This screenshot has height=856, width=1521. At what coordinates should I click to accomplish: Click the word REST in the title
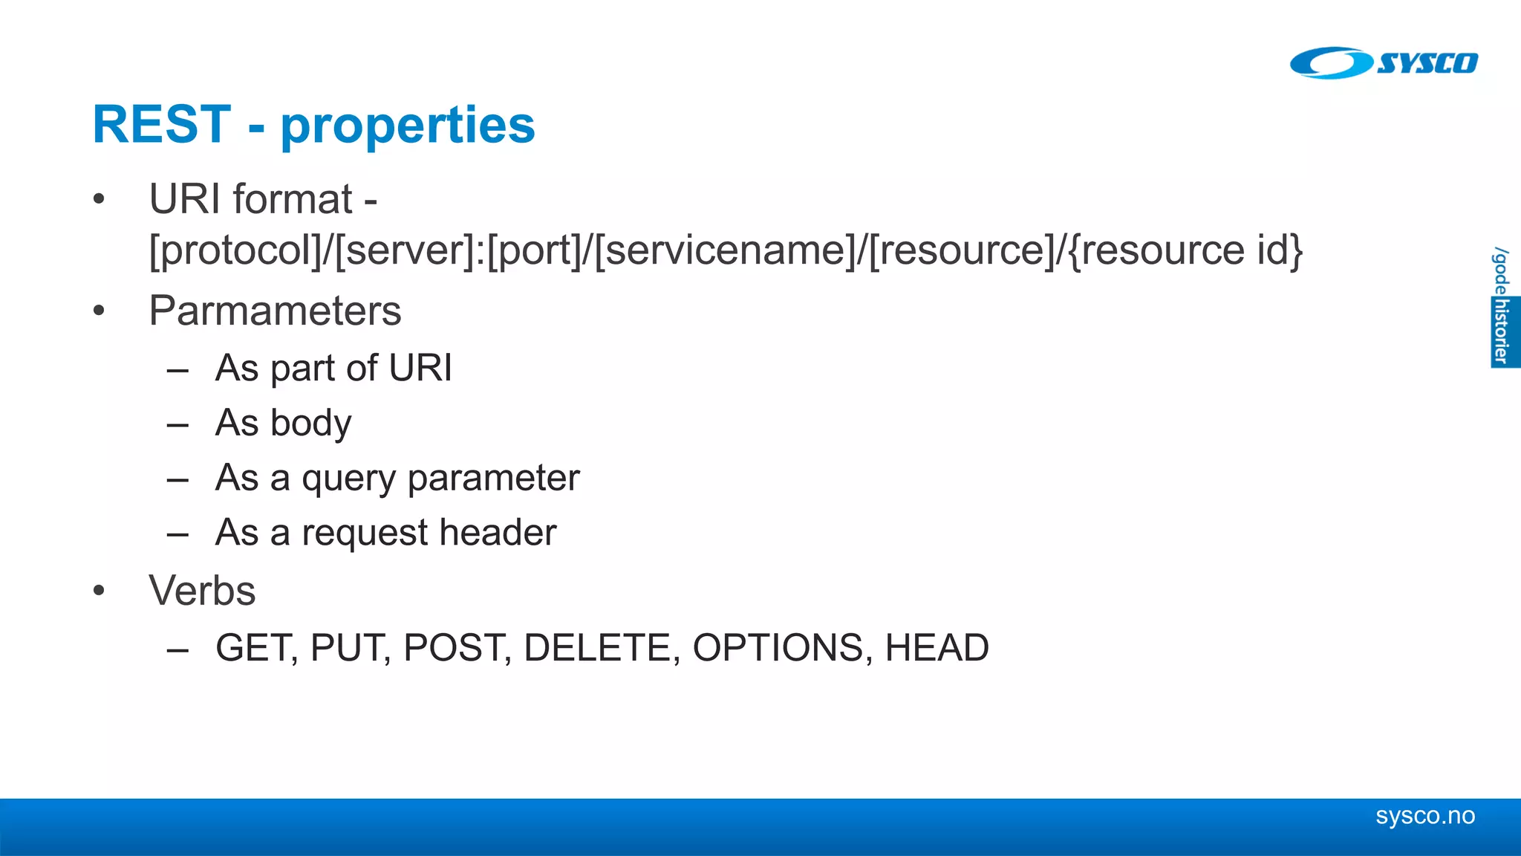pyautogui.click(x=162, y=124)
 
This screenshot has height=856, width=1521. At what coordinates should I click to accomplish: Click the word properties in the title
pyautogui.click(x=408, y=126)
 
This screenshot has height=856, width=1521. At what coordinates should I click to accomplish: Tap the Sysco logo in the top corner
pyautogui.click(x=1384, y=62)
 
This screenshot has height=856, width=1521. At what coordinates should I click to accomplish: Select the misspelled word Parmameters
pyautogui.click(x=275, y=311)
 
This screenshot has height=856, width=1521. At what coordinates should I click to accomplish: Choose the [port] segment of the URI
pyautogui.click(x=534, y=250)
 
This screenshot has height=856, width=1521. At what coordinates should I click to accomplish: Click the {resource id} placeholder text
pyautogui.click(x=1186, y=250)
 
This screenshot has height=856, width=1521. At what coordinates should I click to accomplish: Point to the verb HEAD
pyautogui.click(x=937, y=648)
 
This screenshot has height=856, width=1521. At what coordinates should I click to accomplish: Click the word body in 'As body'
pyautogui.click(x=310, y=424)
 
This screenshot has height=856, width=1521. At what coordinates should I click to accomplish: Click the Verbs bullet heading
pyautogui.click(x=202, y=591)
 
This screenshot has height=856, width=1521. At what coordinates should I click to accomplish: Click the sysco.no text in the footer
pyautogui.click(x=1424, y=816)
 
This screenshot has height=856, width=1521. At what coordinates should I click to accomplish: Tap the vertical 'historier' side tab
pyautogui.click(x=1502, y=331)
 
